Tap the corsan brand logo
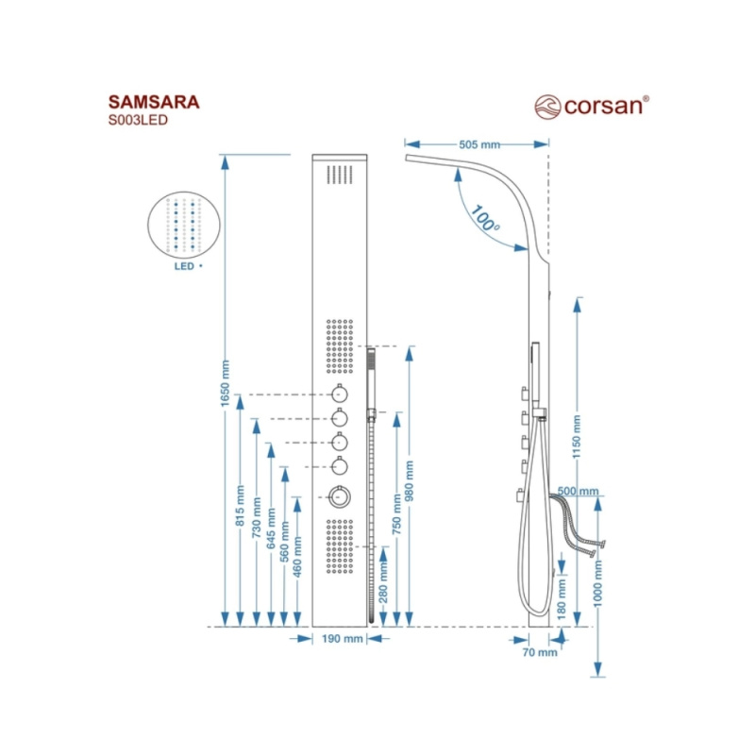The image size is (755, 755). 592,104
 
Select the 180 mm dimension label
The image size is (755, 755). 562,597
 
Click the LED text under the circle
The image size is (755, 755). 184,267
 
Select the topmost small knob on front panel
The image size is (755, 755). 339,395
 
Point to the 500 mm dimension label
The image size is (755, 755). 579,492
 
